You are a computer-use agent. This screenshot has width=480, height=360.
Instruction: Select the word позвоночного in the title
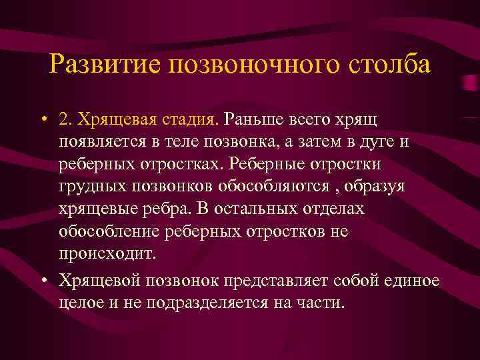tap(247, 65)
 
